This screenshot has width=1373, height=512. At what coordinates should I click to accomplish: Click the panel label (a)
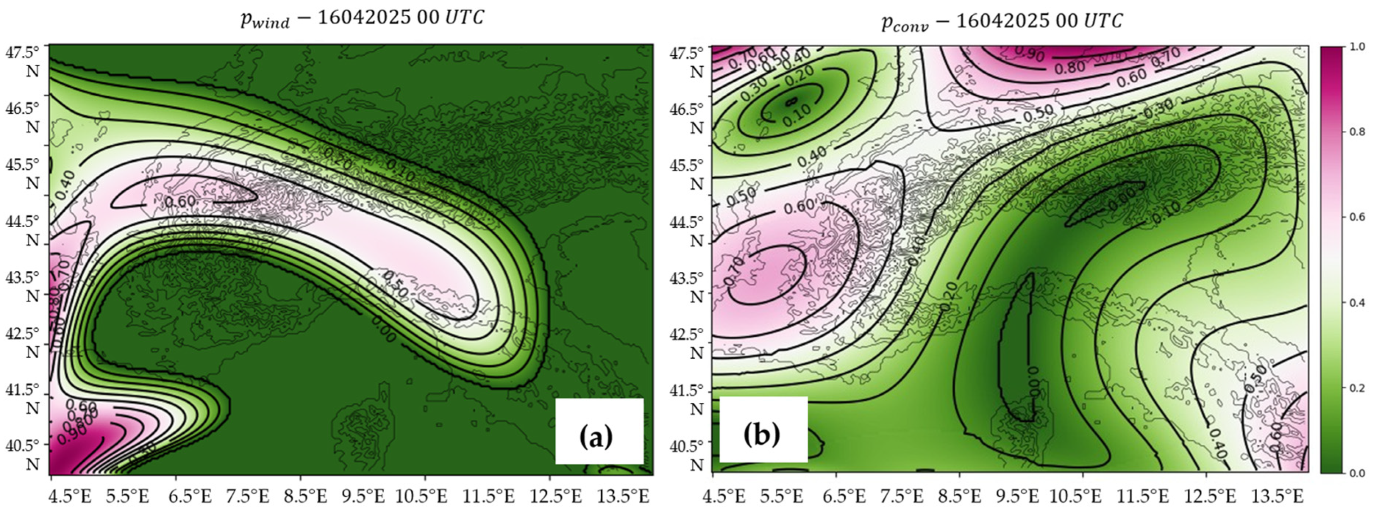click(x=596, y=437)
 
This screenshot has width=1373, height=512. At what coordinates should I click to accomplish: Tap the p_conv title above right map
click(x=1002, y=22)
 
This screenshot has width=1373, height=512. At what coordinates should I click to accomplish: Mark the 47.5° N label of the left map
click(x=23, y=61)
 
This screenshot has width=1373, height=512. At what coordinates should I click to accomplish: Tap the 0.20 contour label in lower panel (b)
click(x=948, y=296)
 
